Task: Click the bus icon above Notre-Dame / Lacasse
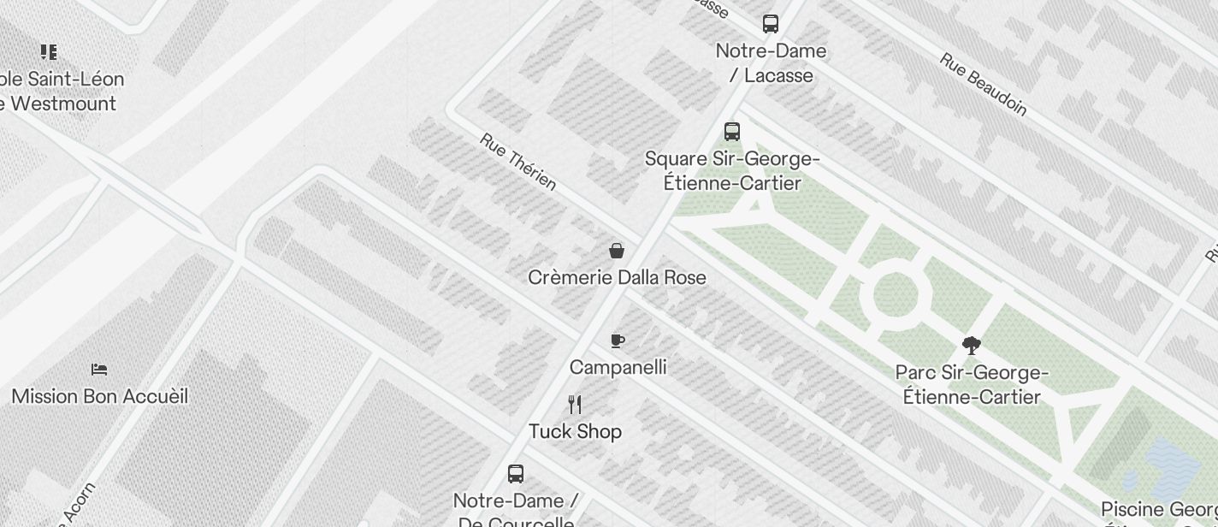coord(771,23)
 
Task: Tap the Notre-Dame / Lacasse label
coord(772,63)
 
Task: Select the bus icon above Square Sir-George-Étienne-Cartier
coord(732,131)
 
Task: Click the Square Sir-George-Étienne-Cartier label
coord(733,171)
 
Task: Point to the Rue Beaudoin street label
coord(984,84)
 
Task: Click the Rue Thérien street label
coord(518,162)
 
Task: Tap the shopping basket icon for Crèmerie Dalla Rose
coord(616,251)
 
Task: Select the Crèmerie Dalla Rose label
coord(617,278)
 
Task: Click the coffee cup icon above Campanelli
coord(618,341)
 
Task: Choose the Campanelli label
coord(618,368)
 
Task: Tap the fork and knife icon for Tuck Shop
coord(575,405)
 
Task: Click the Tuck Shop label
coord(575,431)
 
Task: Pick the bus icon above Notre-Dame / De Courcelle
coord(516,473)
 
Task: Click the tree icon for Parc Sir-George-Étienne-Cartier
coord(971,346)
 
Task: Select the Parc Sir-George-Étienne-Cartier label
coord(973,385)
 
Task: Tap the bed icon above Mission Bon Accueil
coord(99,370)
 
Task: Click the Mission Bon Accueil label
coord(100,397)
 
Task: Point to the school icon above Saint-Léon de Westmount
coord(49,52)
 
